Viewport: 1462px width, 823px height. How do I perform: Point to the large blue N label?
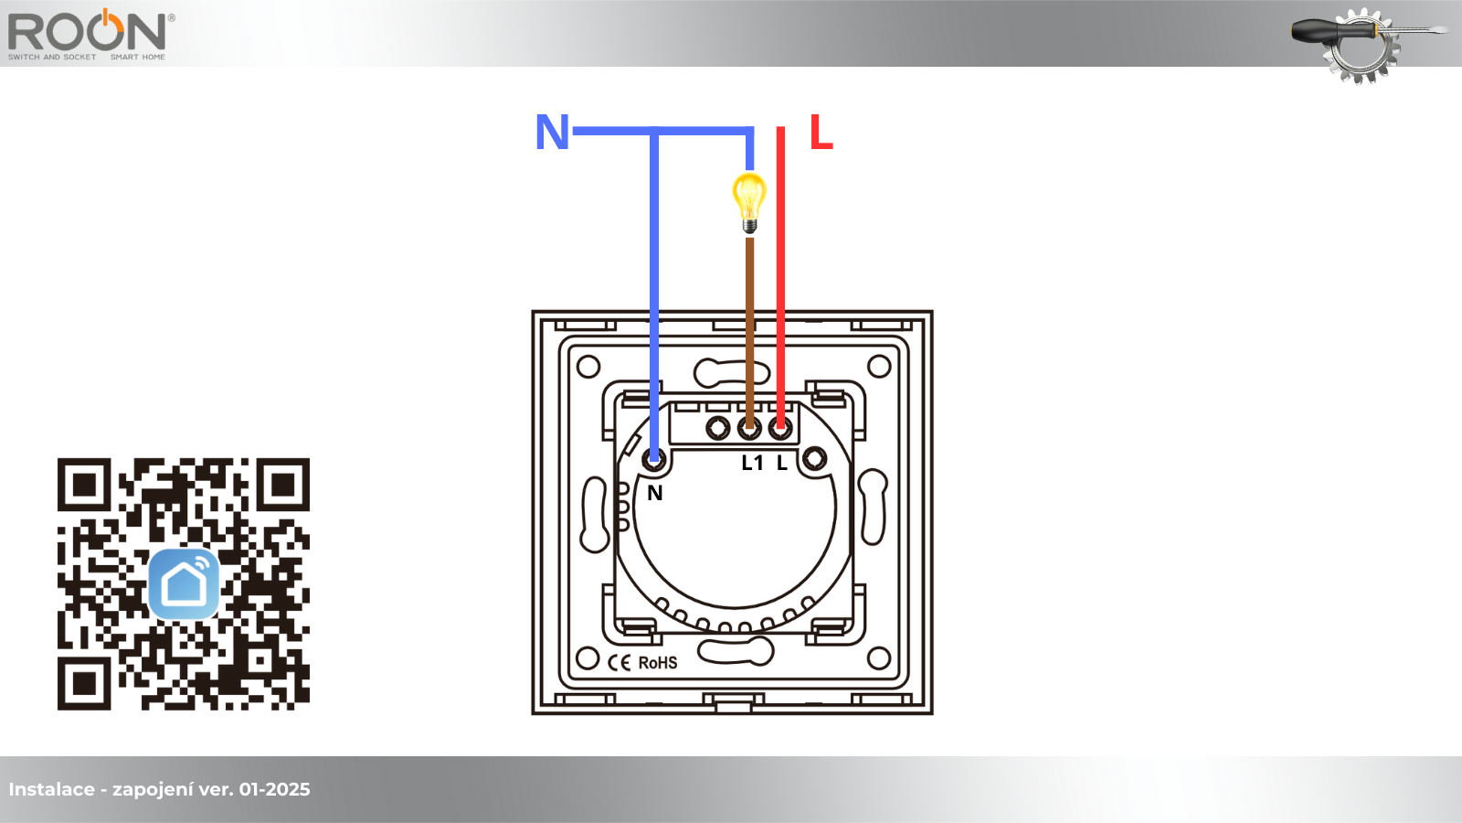click(552, 132)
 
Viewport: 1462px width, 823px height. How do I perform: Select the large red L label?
click(821, 132)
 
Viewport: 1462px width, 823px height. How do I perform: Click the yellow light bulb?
click(749, 202)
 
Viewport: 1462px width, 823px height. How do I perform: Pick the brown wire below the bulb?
click(750, 333)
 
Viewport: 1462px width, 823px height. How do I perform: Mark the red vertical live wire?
click(780, 278)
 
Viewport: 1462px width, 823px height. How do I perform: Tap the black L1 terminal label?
click(753, 463)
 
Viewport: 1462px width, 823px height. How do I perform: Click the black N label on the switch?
click(654, 493)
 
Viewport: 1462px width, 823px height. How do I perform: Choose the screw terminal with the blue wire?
click(654, 460)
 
